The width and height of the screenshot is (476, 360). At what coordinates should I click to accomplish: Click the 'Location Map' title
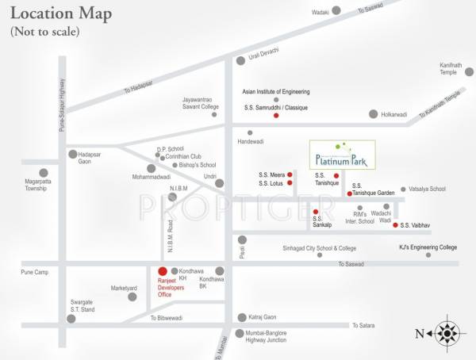pos(61,14)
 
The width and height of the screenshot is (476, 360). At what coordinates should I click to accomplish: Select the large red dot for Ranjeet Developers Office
pos(163,271)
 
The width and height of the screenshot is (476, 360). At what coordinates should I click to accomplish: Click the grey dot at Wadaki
pos(336,10)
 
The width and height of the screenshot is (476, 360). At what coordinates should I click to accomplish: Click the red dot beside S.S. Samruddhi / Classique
pos(276,116)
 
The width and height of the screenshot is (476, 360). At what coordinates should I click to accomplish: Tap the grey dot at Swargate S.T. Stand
pos(71,319)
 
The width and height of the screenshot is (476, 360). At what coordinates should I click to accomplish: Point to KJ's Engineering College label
pos(428,247)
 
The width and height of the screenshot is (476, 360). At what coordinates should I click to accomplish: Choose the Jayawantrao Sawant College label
pos(200,101)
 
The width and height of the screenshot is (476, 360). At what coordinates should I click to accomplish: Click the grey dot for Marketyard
pos(132,297)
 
